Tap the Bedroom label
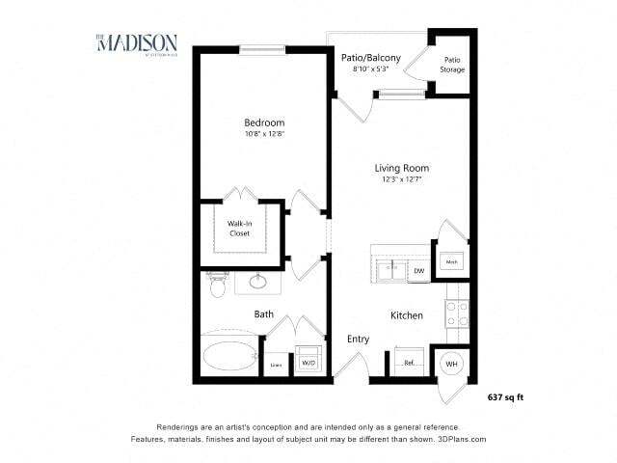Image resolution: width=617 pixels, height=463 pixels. [x=263, y=123]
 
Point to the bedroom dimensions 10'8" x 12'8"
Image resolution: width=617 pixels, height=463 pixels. [x=263, y=134]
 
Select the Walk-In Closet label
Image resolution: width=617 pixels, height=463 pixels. [x=239, y=229]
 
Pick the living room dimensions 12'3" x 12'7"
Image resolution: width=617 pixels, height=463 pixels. [x=400, y=180]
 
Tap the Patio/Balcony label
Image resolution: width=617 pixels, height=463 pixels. [x=371, y=58]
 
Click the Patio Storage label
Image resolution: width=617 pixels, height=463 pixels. [x=453, y=65]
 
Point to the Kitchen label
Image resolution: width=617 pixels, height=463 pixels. [x=408, y=315]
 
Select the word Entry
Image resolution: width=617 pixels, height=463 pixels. [x=359, y=339]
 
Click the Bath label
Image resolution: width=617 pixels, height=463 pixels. [x=264, y=314]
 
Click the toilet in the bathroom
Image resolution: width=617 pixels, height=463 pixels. [x=216, y=286]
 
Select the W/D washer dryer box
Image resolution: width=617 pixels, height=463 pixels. [x=308, y=362]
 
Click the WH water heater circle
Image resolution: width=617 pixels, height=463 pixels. [x=451, y=363]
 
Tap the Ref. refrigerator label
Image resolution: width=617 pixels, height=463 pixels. [x=409, y=364]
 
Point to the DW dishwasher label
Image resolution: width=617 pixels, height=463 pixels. [x=419, y=271]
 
